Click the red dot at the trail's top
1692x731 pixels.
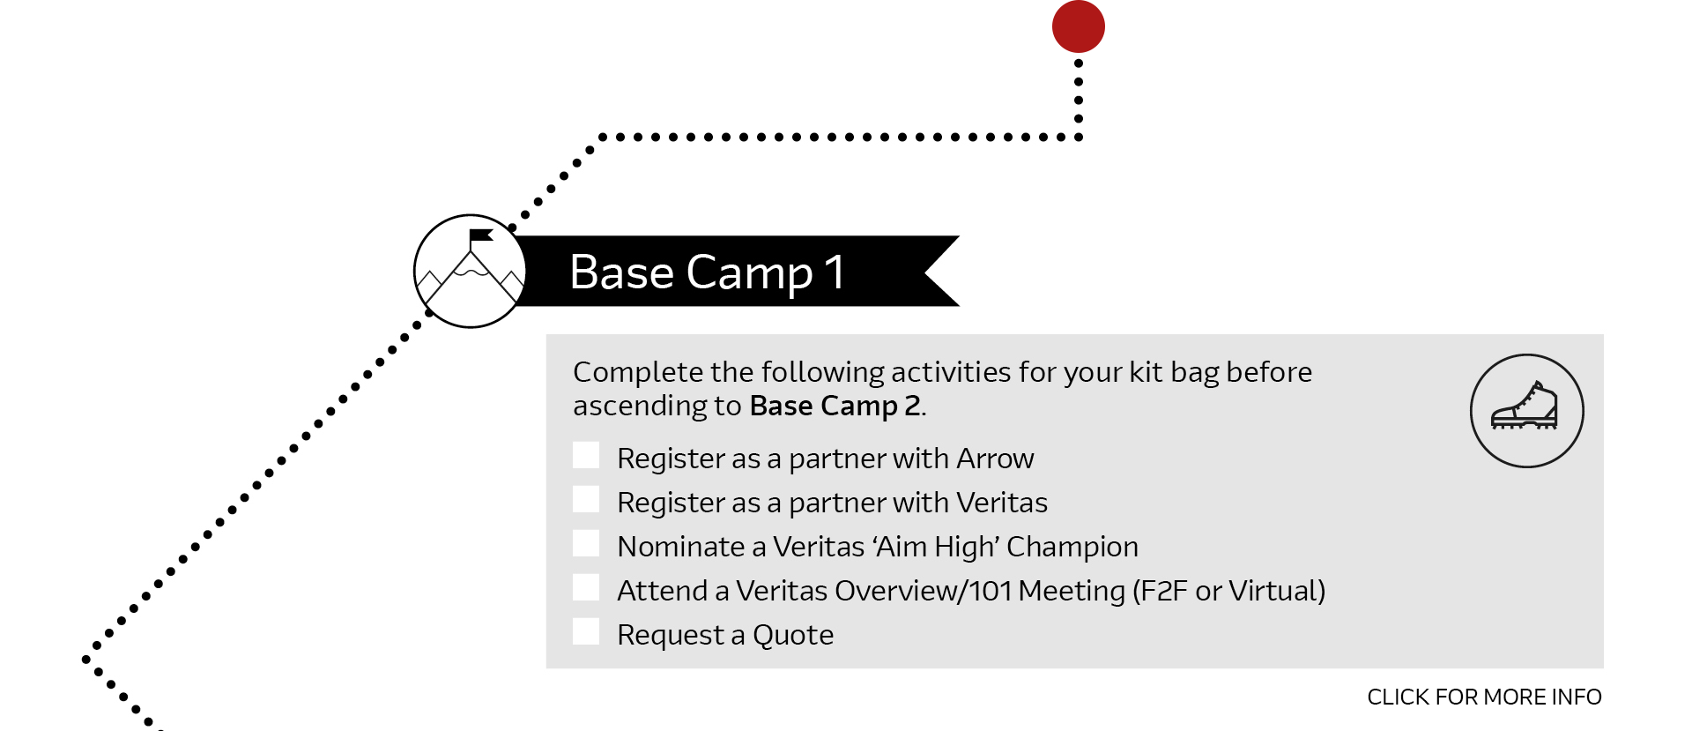pyautogui.click(x=1079, y=26)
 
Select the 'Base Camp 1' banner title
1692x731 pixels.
pyautogui.click(x=708, y=272)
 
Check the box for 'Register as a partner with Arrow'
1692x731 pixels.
pyautogui.click(x=586, y=455)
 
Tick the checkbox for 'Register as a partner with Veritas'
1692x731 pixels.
pyautogui.click(x=586, y=499)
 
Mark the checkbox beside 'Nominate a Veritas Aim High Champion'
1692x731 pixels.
pyautogui.click(x=586, y=543)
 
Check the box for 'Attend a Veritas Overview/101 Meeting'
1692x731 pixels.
pyautogui.click(x=586, y=587)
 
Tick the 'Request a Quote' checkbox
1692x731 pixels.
pyautogui.click(x=586, y=631)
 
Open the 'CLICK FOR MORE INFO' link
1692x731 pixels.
pyautogui.click(x=1485, y=697)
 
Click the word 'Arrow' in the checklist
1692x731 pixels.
pyautogui.click(x=995, y=459)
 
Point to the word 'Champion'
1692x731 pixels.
pyautogui.click(x=1072, y=548)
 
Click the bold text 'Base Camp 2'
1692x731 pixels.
pyautogui.click(x=835, y=406)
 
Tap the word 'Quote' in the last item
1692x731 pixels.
pyautogui.click(x=793, y=635)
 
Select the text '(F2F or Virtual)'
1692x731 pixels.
pyautogui.click(x=1229, y=591)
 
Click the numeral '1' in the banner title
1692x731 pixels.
pyautogui.click(x=835, y=272)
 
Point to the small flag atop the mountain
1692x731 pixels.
pyautogui.click(x=480, y=235)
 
